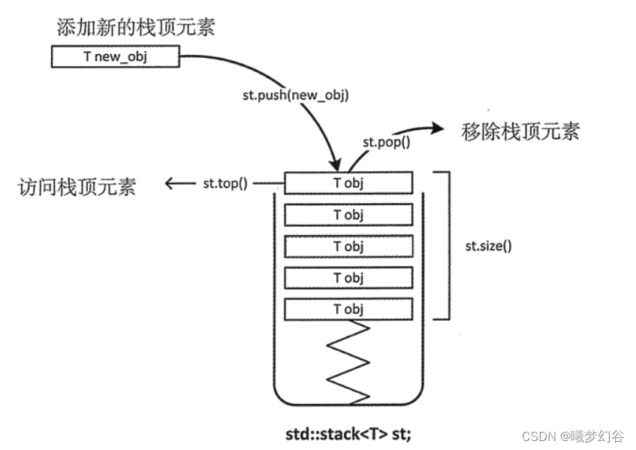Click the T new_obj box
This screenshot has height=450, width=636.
(116, 57)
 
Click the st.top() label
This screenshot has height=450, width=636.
(225, 183)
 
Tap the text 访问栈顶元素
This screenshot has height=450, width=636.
(76, 186)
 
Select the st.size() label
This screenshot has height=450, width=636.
(488, 246)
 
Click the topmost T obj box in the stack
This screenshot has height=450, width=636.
(348, 183)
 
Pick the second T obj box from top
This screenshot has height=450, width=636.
(348, 214)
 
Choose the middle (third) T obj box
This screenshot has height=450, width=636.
(348, 246)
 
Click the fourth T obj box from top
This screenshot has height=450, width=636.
(348, 277)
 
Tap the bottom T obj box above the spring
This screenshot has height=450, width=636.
(348, 309)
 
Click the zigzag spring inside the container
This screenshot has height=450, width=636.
(348, 361)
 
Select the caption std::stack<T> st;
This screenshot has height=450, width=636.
(348, 433)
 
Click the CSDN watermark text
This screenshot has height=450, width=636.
(575, 436)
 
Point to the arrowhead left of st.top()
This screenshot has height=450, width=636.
(170, 183)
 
